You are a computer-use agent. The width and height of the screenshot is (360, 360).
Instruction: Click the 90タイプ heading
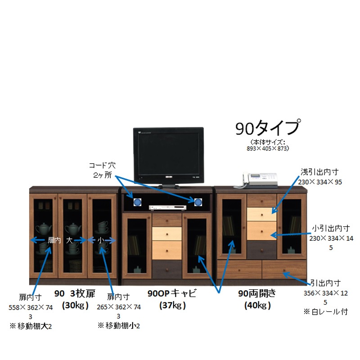coord(268,128)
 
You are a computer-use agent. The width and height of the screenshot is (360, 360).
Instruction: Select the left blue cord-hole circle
coord(137,202)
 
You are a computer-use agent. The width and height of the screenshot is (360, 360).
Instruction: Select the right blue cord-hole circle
coord(198,202)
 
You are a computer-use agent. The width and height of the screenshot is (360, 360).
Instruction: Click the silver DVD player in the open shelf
coord(167,208)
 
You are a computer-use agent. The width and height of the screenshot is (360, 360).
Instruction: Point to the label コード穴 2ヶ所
coord(103,170)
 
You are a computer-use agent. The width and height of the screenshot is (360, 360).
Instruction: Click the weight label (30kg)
coord(75,306)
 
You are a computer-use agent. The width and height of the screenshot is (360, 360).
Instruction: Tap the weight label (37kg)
coord(172,306)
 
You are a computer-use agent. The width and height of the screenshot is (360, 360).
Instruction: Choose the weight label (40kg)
coord(257,306)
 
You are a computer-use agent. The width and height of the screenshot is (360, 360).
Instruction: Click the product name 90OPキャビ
coord(172,293)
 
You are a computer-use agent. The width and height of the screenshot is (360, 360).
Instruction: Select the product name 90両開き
coord(257,293)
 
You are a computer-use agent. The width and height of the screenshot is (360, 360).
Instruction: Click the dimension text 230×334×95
coord(320,182)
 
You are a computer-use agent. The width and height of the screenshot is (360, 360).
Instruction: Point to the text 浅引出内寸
coord(319,172)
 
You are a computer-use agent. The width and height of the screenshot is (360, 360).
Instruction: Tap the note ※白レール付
coord(325,311)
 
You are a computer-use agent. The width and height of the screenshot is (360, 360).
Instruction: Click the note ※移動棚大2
coord(31,326)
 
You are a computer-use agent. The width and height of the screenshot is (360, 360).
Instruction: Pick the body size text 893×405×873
coord(267,148)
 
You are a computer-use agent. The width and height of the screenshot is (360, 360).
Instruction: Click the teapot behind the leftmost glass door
coord(43,229)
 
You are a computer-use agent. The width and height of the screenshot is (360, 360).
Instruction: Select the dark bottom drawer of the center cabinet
coord(167,269)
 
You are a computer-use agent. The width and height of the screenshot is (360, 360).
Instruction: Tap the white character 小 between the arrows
coord(101,240)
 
